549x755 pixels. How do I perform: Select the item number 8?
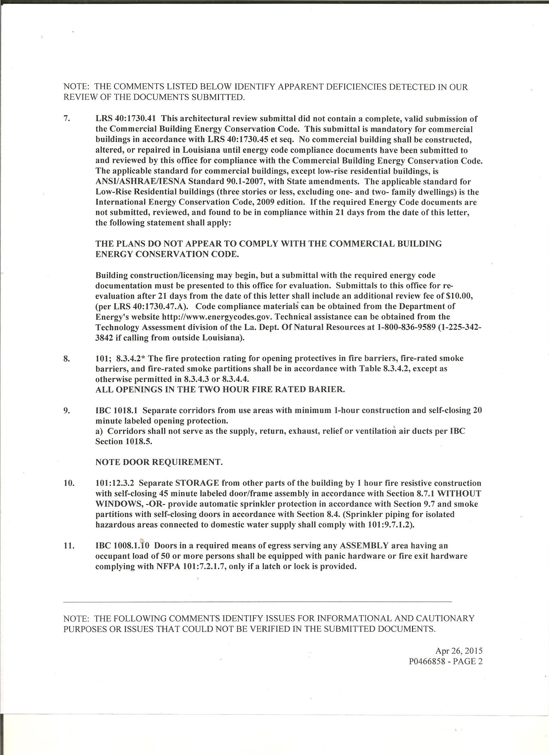tap(66, 359)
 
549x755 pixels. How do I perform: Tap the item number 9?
tap(66, 410)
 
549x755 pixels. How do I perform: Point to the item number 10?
tap(68, 483)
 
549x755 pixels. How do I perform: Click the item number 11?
tap(68, 546)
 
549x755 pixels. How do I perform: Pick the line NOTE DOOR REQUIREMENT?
tap(159, 462)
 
